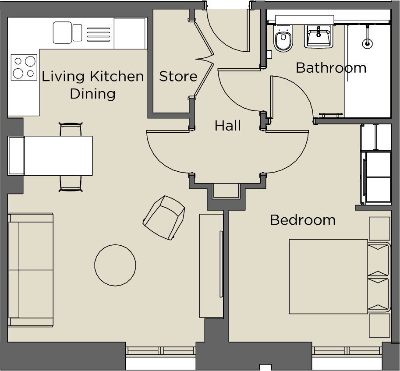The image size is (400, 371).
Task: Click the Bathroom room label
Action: (x=331, y=68)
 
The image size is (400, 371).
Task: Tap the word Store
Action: (x=178, y=77)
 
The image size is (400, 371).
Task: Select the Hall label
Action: (x=227, y=126)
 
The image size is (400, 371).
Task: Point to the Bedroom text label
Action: (x=303, y=220)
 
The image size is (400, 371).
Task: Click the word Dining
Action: (x=93, y=94)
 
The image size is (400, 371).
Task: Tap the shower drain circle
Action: (x=367, y=43)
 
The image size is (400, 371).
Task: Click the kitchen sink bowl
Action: (x=62, y=32)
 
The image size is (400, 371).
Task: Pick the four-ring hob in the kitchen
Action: (x=24, y=67)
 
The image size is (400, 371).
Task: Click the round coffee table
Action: (x=116, y=265)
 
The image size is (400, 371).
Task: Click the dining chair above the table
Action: (x=71, y=130)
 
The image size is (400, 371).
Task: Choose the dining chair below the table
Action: (x=71, y=183)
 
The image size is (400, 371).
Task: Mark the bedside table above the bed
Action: (x=379, y=228)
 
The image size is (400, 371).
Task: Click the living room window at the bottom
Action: (x=161, y=351)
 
